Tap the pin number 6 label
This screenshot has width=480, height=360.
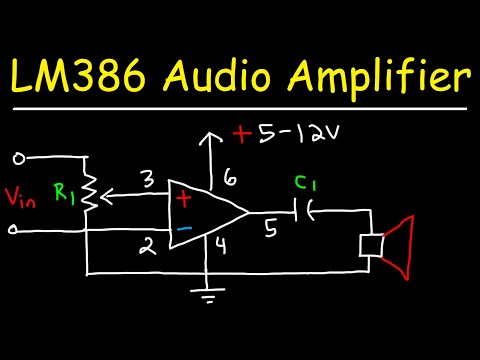228,177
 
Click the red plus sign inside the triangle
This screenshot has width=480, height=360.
183,199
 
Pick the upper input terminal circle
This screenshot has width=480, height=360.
16,157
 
